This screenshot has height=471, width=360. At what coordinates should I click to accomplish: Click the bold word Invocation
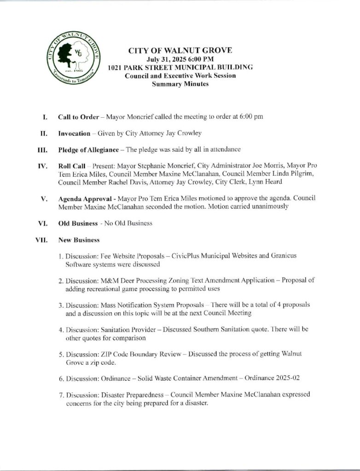point(74,133)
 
